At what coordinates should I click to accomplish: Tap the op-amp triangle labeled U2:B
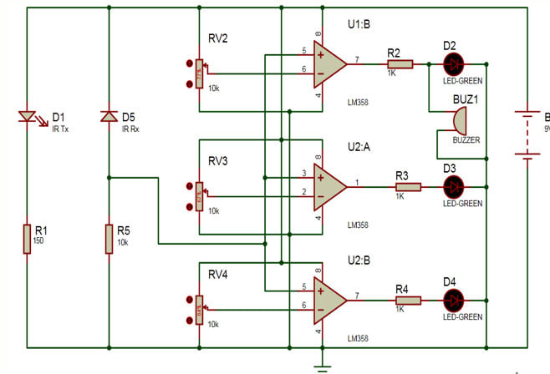328,299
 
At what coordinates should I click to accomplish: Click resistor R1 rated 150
27,238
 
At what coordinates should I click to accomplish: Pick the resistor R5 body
109,238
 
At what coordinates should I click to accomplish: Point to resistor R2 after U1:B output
399,63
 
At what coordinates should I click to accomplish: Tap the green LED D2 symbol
451,63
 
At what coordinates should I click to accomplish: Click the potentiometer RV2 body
199,74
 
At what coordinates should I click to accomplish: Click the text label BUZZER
466,140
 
